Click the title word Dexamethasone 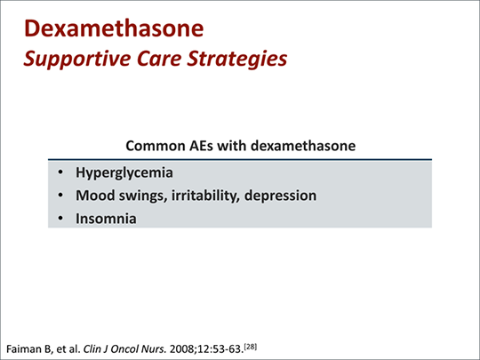(x=114, y=28)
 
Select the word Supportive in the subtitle (x=77, y=59)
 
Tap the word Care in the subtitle (x=159, y=58)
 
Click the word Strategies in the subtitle (x=237, y=59)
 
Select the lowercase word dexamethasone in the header (x=303, y=146)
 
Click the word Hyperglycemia (x=124, y=172)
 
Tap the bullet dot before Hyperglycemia (x=60, y=172)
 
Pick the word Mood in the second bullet (x=95, y=196)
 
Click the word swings (x=143, y=196)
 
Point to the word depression (x=280, y=196)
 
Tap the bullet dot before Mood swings (x=60, y=195)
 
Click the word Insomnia (x=106, y=219)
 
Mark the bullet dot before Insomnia (x=60, y=219)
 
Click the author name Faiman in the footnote (x=23, y=349)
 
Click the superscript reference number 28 (x=251, y=347)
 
